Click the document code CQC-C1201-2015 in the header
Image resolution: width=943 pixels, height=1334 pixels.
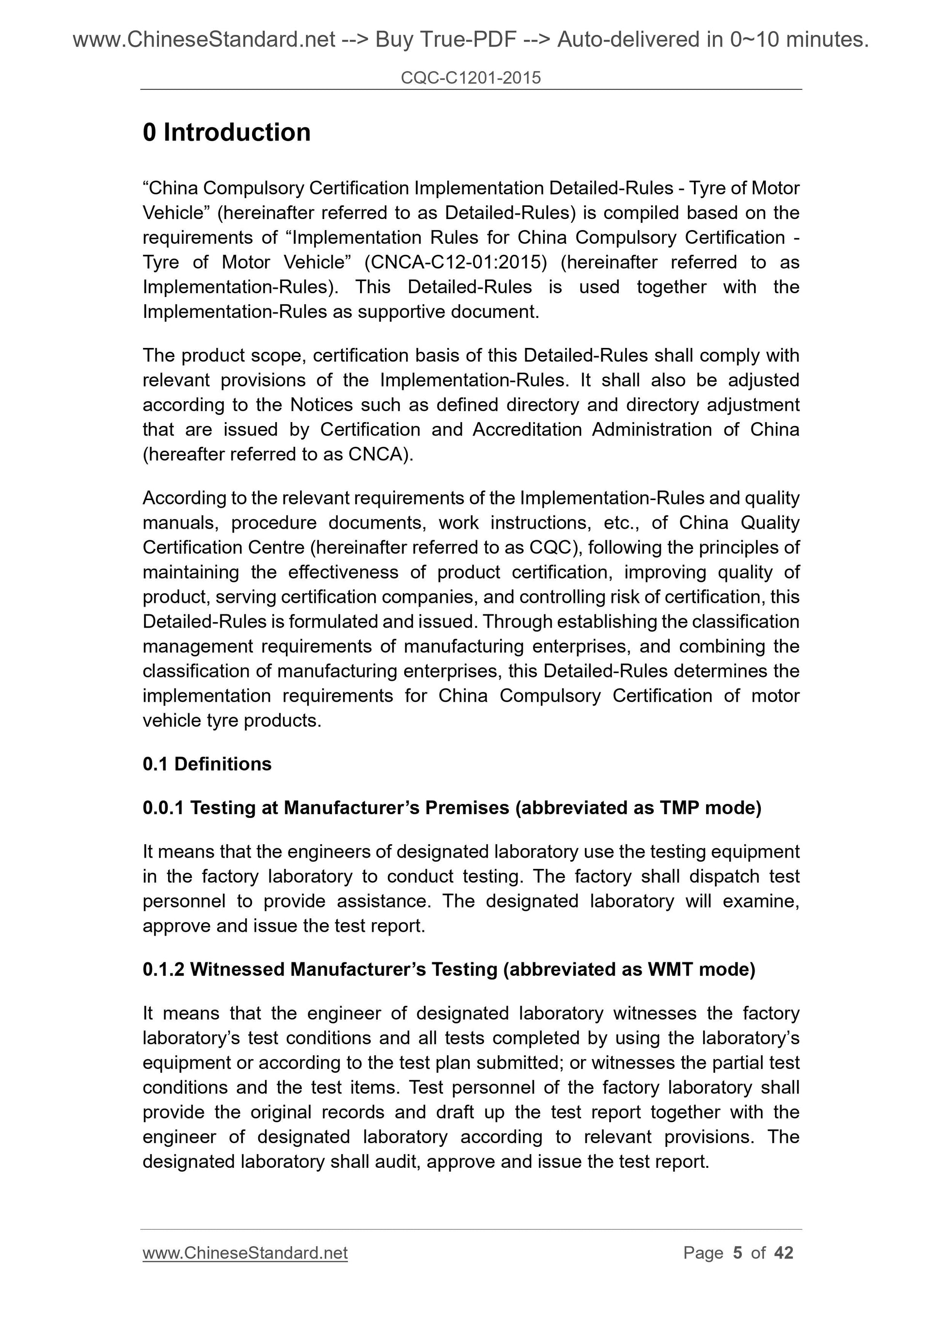(x=471, y=78)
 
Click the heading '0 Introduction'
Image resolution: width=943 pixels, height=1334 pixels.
(x=227, y=132)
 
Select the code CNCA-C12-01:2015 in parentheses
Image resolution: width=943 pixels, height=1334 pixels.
(x=456, y=263)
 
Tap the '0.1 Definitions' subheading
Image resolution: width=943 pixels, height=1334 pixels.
(x=207, y=764)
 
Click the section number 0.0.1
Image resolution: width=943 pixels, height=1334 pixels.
(x=163, y=808)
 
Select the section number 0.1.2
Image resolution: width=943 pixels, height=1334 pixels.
(x=163, y=969)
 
